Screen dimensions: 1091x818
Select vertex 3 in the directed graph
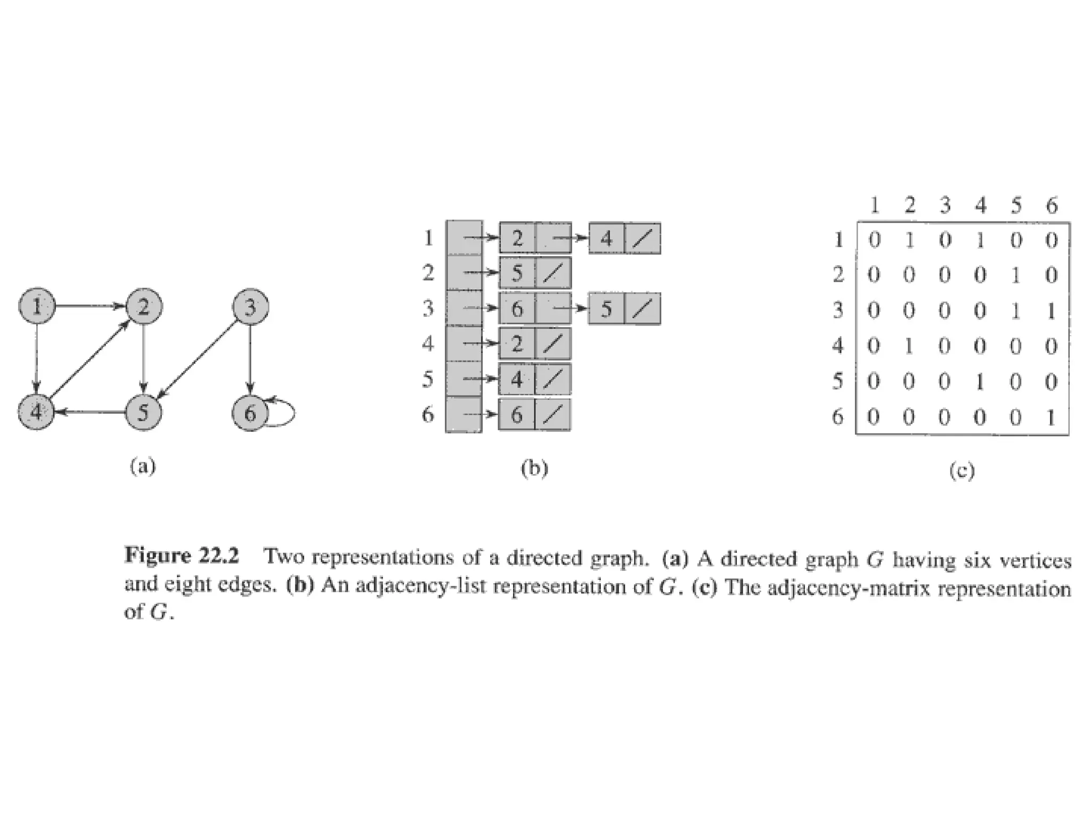[250, 307]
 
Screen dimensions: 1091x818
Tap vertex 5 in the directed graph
[143, 413]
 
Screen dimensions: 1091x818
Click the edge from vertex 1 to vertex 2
[91, 306]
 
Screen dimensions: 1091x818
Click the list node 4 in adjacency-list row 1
[606, 239]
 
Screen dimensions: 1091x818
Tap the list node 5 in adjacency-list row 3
[606, 309]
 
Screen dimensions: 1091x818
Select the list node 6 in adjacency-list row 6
[517, 415]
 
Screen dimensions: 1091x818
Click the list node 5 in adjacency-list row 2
[517, 273]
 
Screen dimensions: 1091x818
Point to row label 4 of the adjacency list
[428, 344]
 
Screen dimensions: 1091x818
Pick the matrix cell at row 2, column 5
[1015, 275]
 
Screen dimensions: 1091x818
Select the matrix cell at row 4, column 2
[909, 346]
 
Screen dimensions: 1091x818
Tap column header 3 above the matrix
[945, 205]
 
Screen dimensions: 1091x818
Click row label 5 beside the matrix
[837, 381]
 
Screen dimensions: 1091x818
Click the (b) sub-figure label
[534, 468]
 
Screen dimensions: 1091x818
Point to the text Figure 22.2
[182, 557]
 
